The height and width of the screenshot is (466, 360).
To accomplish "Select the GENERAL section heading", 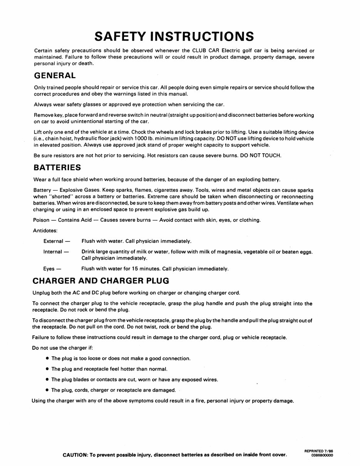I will tap(55, 75).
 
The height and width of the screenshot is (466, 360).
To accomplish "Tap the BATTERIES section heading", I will tap(57, 168).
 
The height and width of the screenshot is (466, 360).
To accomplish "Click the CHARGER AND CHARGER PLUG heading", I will tap(101, 280).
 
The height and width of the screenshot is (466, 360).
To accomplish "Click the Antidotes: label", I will tap(45, 231).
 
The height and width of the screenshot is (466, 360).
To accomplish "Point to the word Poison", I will tap(42, 220).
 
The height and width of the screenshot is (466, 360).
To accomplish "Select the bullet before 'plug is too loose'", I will tap(47, 359).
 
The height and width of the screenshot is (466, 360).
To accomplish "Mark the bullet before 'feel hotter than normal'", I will tap(47, 369).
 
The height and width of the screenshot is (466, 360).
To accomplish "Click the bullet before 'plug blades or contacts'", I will tap(47, 380).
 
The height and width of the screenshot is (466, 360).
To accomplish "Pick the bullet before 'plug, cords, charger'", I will tap(47, 390).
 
